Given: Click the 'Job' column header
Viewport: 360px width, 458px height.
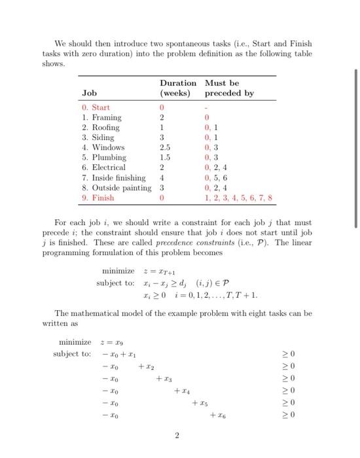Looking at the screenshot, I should [89, 94].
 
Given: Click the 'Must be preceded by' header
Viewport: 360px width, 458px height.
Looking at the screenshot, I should [229, 88].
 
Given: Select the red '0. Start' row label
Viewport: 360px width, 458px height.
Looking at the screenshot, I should [96, 107].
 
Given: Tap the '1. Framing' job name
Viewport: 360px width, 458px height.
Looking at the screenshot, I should [101, 117].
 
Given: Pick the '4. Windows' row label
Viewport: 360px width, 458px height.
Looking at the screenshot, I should [103, 147].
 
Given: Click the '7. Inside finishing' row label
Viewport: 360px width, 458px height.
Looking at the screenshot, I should [114, 177].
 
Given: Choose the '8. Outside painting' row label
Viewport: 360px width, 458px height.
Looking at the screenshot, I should [117, 188].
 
